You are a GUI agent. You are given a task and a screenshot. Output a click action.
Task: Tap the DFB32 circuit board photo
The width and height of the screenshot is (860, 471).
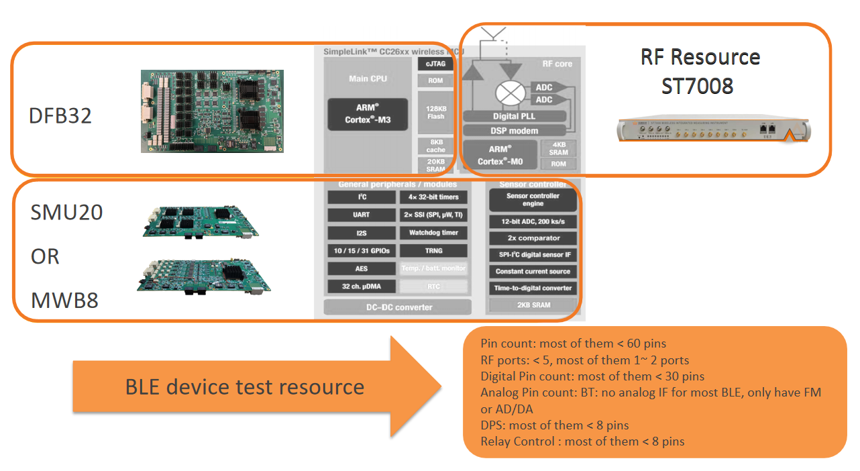pos(212,111)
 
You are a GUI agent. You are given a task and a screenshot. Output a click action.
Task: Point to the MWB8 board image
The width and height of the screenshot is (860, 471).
pos(203,276)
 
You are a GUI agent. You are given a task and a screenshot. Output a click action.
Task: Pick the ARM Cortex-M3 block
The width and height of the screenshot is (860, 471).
pos(368,114)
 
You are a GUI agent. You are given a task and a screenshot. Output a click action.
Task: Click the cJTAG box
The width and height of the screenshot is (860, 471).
pos(435,64)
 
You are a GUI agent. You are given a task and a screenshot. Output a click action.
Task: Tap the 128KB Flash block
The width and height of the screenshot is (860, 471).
pos(435,112)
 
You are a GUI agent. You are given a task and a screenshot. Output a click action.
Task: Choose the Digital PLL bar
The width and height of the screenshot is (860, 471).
pos(515,116)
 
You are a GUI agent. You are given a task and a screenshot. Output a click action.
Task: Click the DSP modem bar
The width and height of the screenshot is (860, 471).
pos(515,130)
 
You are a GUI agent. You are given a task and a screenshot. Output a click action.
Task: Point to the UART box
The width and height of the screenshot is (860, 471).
pos(361,215)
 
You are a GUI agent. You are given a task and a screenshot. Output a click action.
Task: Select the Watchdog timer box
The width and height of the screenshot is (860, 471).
pos(433,233)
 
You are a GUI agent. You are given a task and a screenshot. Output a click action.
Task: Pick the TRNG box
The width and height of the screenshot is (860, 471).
pos(433,250)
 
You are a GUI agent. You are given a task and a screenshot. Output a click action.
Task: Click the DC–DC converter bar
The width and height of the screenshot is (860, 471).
pos(398,307)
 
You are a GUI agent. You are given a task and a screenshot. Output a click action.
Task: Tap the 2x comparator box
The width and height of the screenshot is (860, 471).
pos(533,238)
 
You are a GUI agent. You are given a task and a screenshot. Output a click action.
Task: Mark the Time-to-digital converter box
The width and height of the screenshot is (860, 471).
pos(533,288)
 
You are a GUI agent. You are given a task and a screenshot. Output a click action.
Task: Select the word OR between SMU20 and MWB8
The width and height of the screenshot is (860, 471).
pos(46,256)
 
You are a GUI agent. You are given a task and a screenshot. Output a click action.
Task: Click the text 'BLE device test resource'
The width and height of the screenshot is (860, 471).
pos(245,386)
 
